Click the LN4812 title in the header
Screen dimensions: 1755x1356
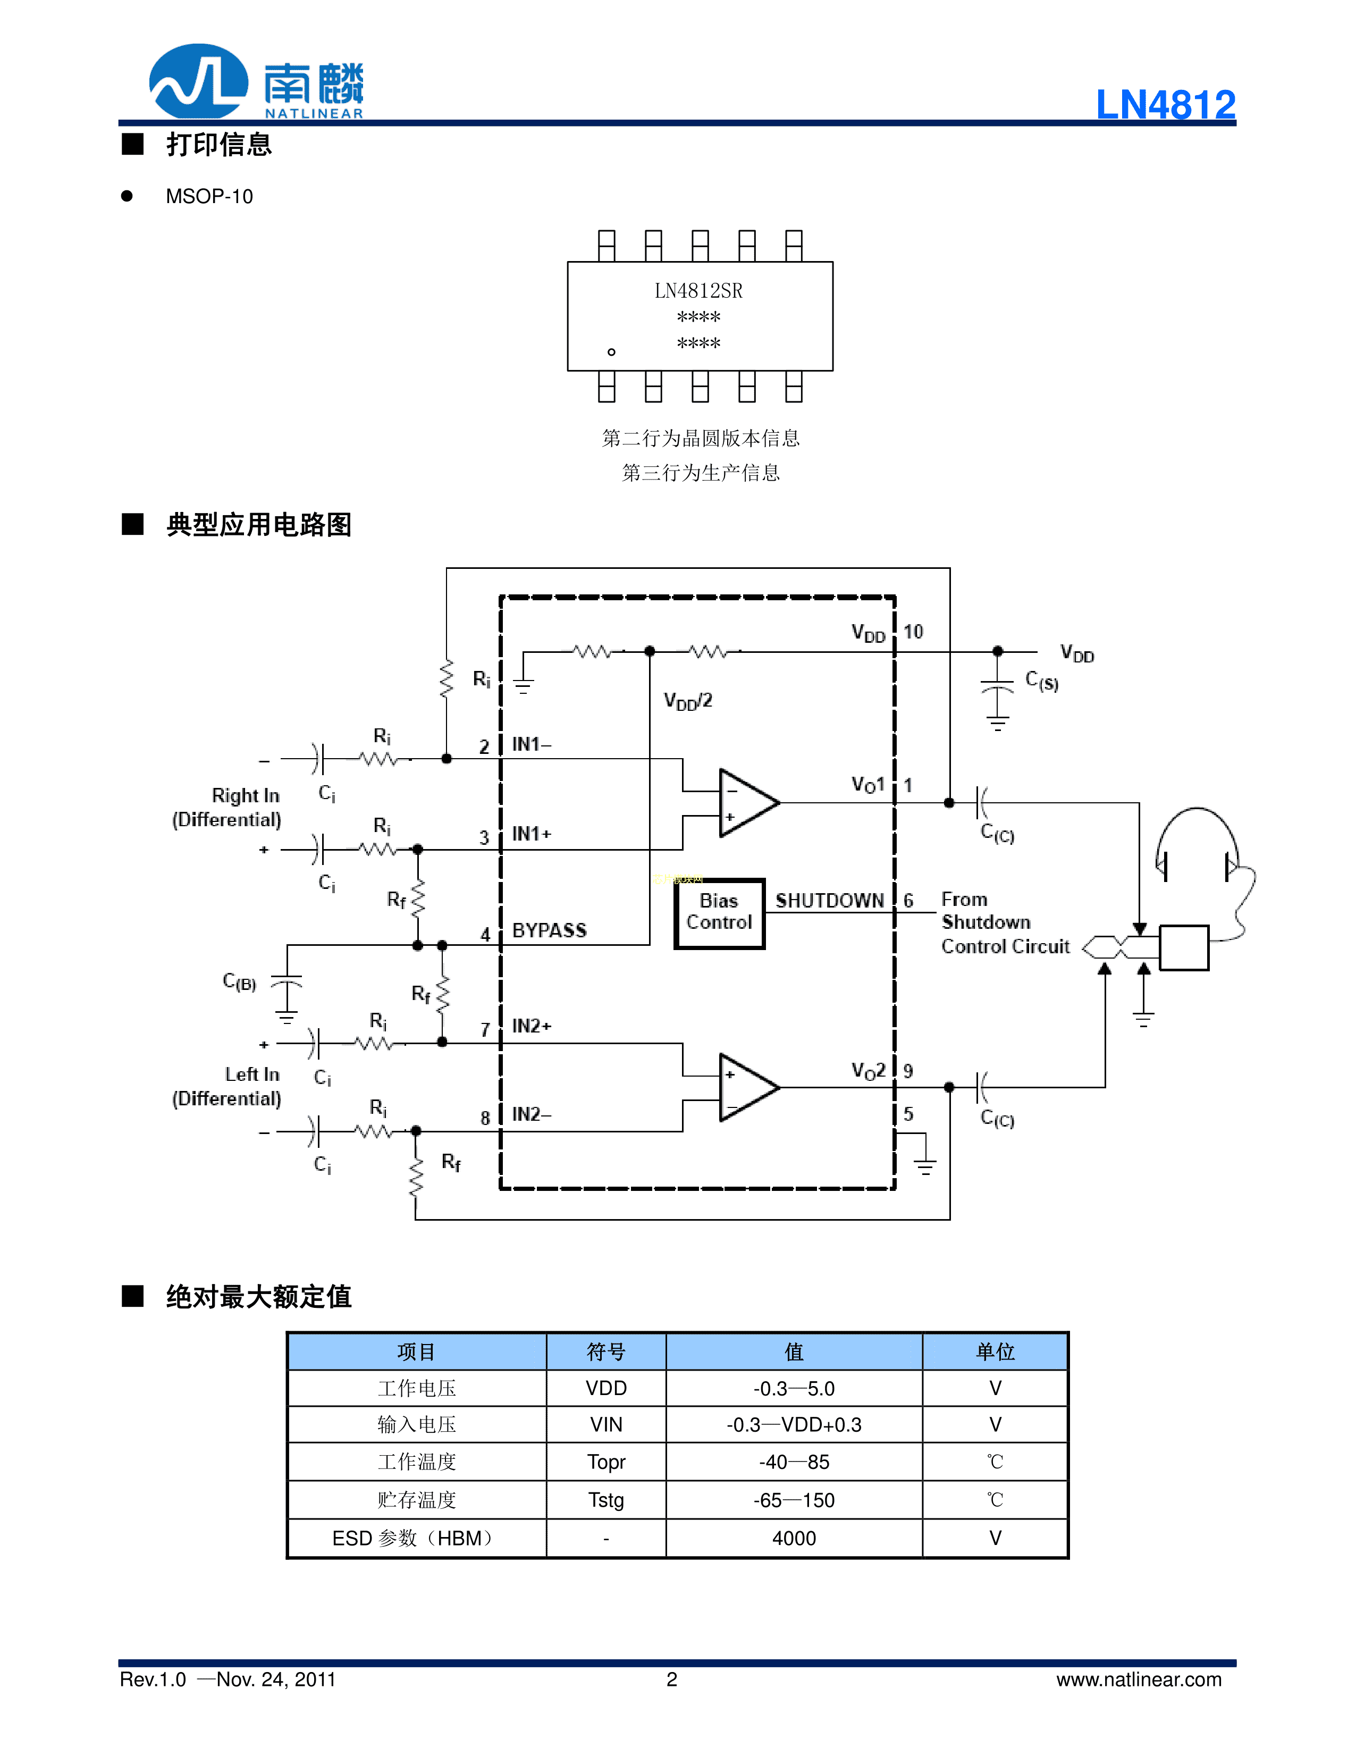tap(1165, 104)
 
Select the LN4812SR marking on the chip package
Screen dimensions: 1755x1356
tap(698, 291)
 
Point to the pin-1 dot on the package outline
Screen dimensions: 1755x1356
tap(611, 352)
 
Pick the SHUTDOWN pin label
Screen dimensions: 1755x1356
tap(829, 901)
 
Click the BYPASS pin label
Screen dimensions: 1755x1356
tap(550, 930)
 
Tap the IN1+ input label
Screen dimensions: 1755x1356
tap(532, 834)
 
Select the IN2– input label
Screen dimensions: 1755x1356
tap(532, 1114)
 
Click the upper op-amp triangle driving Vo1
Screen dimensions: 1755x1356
tap(745, 803)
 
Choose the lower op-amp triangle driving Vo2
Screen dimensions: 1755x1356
tap(745, 1087)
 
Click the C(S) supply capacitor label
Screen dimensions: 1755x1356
tap(1042, 682)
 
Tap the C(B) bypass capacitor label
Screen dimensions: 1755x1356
tap(239, 982)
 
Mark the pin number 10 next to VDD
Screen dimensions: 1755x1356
tap(913, 632)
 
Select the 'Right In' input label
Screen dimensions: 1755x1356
tap(245, 795)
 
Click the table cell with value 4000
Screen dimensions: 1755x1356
tap(794, 1538)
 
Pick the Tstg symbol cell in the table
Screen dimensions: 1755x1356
tap(605, 1499)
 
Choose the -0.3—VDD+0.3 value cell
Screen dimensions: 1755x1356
tap(794, 1425)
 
